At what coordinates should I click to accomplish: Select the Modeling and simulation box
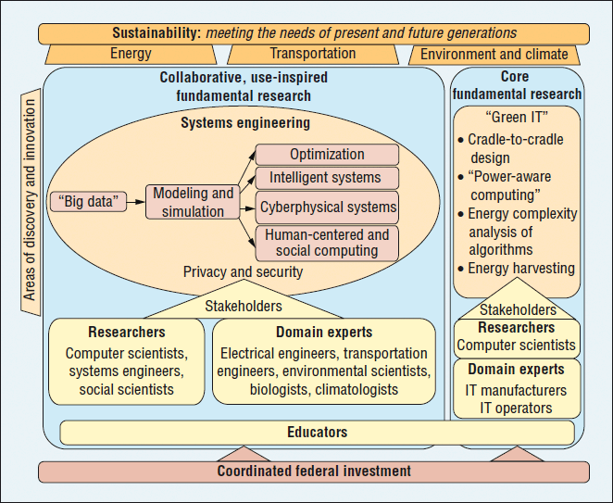pyautogui.click(x=193, y=202)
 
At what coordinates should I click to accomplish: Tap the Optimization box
pyautogui.click(x=326, y=155)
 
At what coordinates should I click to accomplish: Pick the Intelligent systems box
pyautogui.click(x=326, y=178)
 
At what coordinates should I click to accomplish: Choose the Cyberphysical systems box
pyautogui.click(x=327, y=207)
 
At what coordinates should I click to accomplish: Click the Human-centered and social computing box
pyautogui.click(x=327, y=243)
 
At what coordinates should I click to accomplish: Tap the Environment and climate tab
pyautogui.click(x=494, y=54)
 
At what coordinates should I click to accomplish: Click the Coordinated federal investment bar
pyautogui.click(x=313, y=471)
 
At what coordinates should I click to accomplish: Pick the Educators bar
pyautogui.click(x=317, y=432)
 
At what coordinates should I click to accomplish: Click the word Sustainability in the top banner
pyautogui.click(x=156, y=32)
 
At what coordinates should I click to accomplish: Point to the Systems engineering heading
pyautogui.click(x=245, y=122)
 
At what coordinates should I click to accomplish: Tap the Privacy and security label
pyautogui.click(x=243, y=271)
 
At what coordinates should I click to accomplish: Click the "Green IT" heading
pyautogui.click(x=518, y=119)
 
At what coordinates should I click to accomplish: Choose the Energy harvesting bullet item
pyautogui.click(x=519, y=269)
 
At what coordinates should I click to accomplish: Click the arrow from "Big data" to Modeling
pyautogui.click(x=134, y=199)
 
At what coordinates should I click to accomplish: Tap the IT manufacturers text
pyautogui.click(x=518, y=390)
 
